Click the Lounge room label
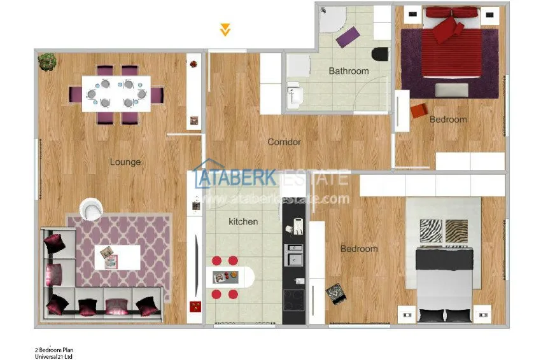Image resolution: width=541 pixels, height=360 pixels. coord(125,162)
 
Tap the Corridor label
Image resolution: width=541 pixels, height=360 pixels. coord(284,142)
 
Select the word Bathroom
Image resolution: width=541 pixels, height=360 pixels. coord(349,71)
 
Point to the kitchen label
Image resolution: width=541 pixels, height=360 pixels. coord(243,221)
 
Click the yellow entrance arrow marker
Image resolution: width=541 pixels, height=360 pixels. coord(225,30)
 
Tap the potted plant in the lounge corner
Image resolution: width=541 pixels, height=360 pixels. coord(47,62)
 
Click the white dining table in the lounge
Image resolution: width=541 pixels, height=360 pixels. coord(116,93)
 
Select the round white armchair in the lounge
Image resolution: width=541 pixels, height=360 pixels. coord(92,209)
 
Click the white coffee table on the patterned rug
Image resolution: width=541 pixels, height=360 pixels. coord(117,257)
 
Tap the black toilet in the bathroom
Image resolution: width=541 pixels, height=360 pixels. coord(380,54)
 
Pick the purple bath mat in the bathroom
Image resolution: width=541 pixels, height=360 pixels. coord(348,38)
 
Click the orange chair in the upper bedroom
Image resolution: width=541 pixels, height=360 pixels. coord(419,111)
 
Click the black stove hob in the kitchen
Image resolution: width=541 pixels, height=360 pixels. coord(294,300)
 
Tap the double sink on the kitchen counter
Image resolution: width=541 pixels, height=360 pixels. coord(293,255)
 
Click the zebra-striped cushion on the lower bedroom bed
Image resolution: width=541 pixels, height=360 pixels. coord(431,231)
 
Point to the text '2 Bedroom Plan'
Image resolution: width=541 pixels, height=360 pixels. coord(54,350)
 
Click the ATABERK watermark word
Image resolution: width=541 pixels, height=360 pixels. coord(235,177)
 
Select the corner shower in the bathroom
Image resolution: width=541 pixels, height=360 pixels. coord(332,20)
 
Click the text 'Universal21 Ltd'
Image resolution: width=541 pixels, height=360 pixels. coord(53,357)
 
